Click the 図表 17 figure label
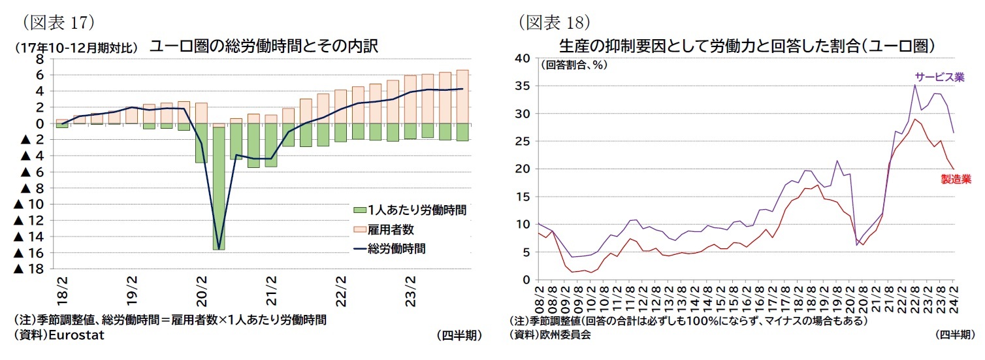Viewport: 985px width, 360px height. click(59, 22)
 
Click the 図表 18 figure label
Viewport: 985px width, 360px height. click(555, 22)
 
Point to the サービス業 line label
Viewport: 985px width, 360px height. click(939, 76)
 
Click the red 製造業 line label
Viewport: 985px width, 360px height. click(955, 179)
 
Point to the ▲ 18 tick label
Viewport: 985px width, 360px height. click(29, 269)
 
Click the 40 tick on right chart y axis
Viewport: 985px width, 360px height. click(522, 59)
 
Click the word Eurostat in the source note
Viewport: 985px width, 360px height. click(76, 335)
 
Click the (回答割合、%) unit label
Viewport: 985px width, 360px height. click(571, 65)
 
